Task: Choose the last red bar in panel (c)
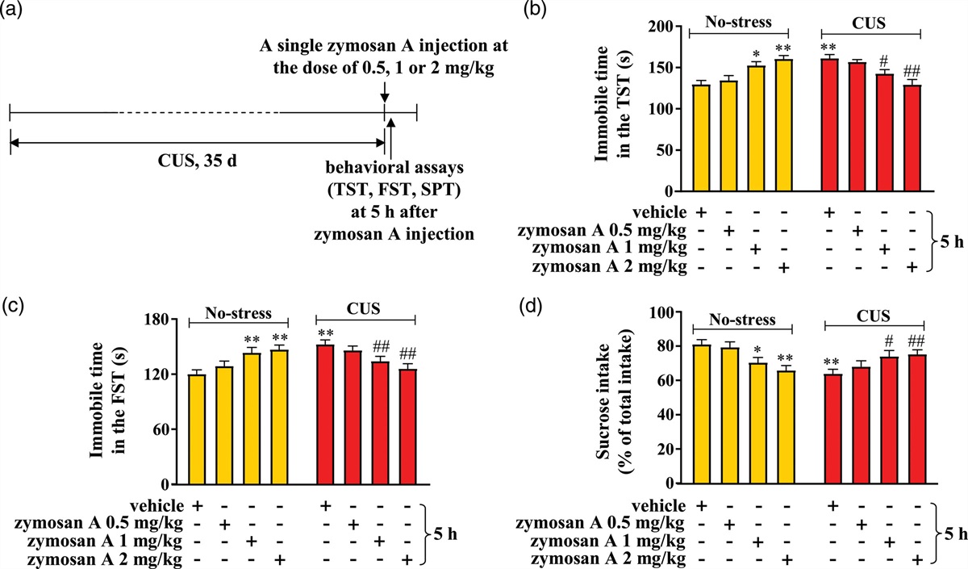(x=407, y=426)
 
